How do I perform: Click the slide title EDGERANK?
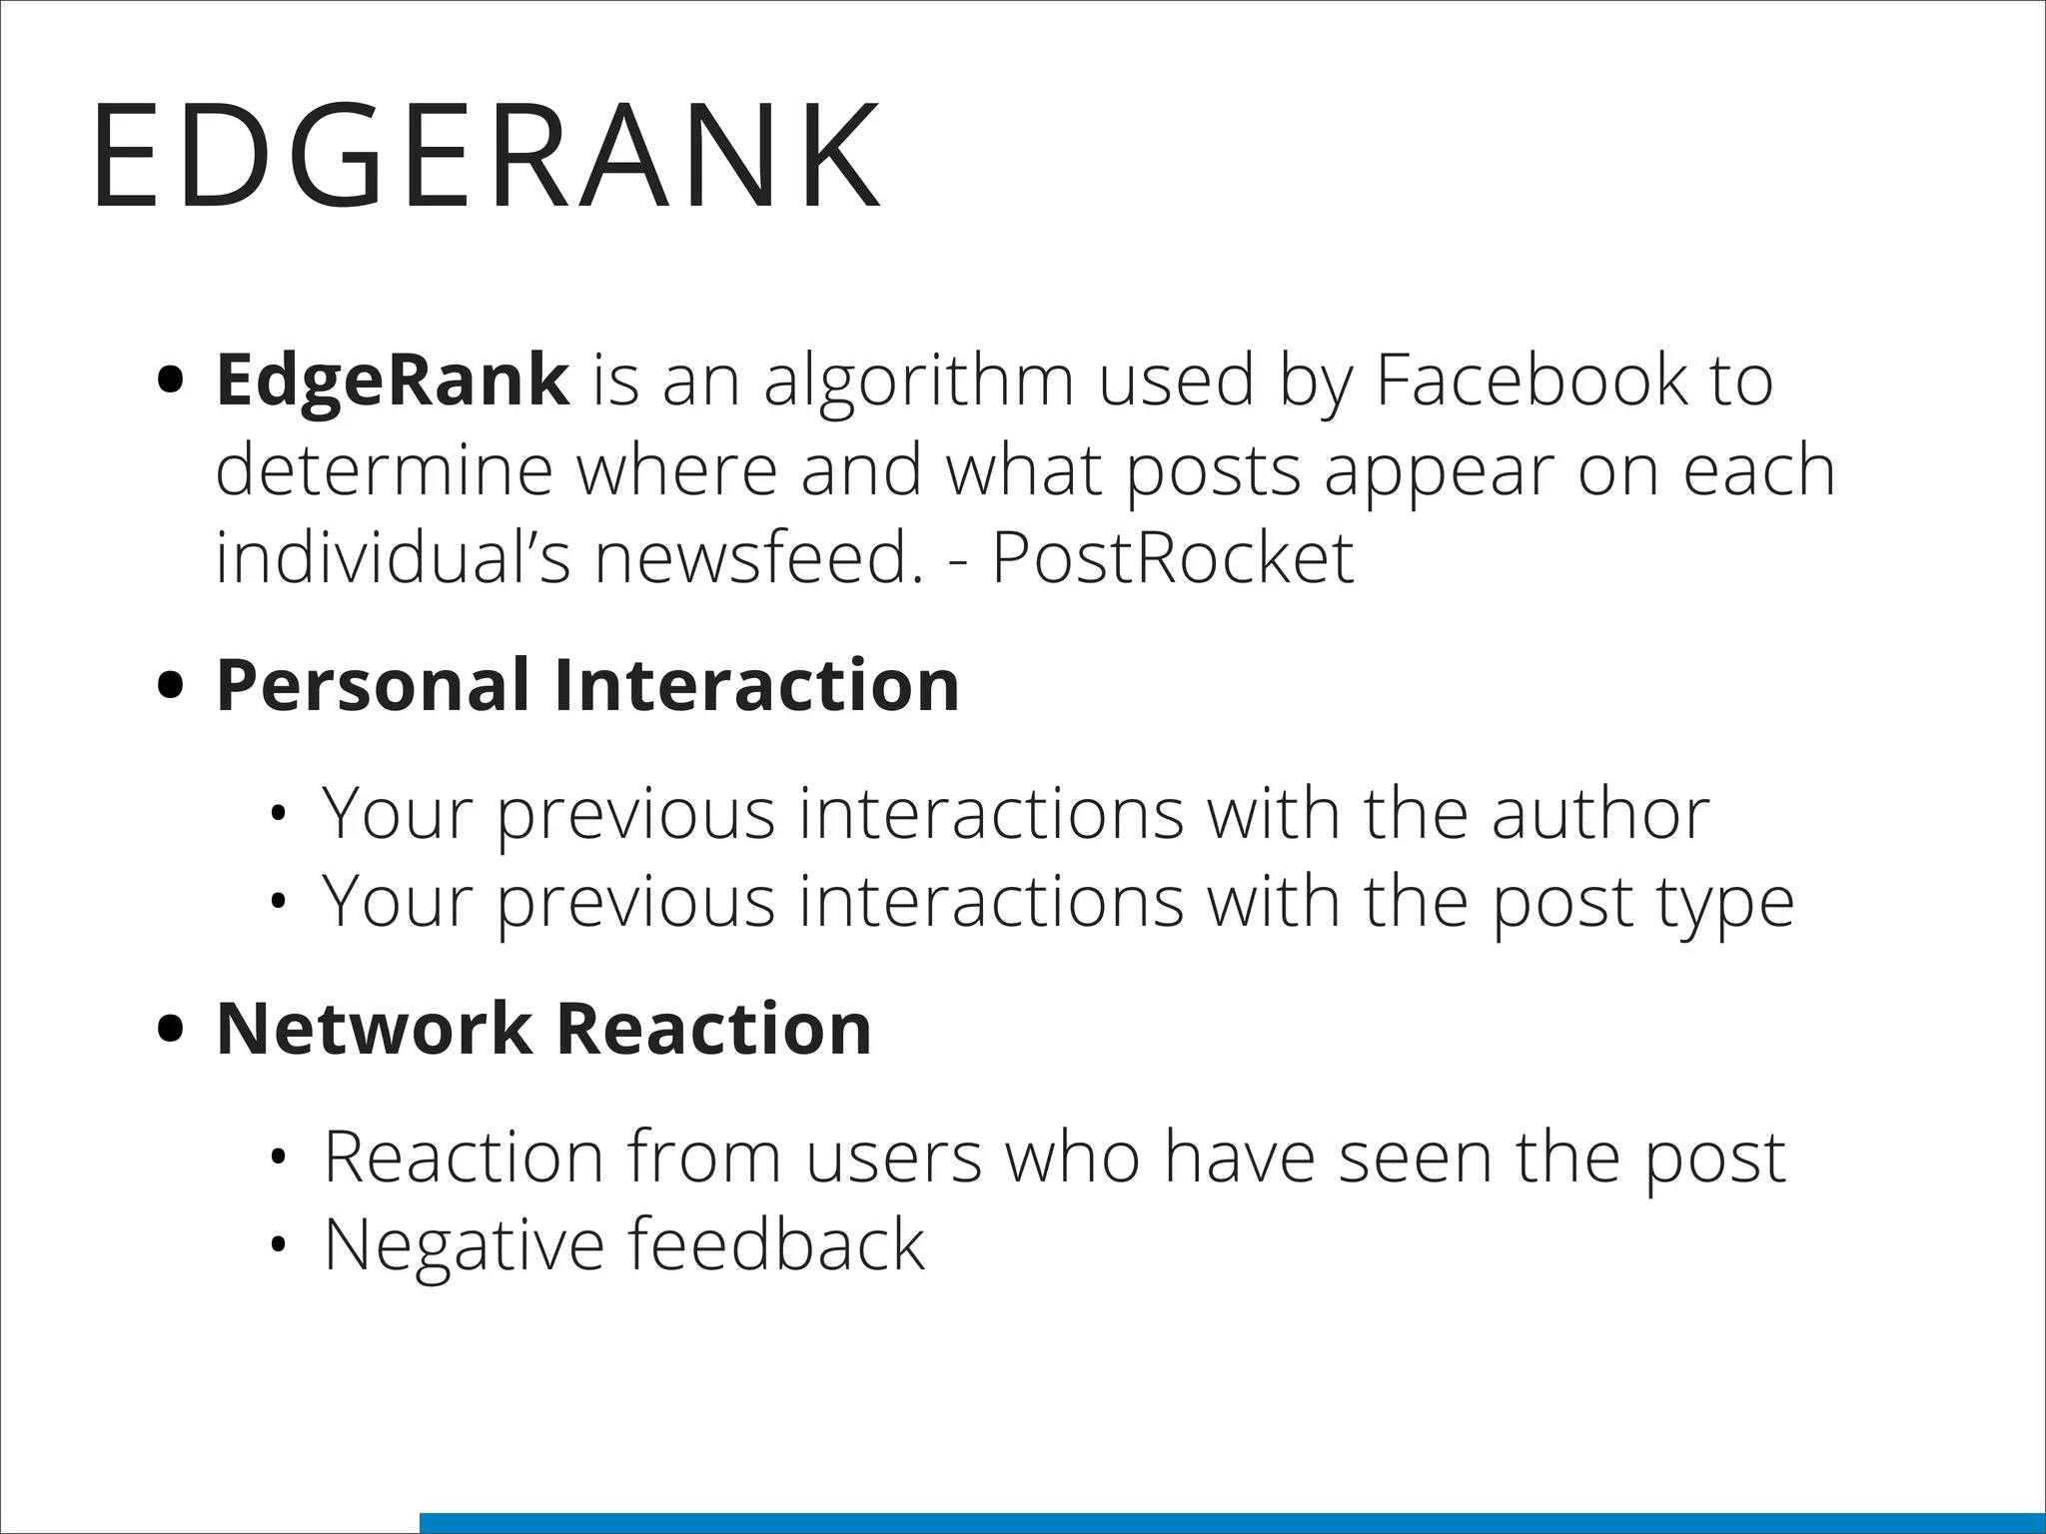point(487,156)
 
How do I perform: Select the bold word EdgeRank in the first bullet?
point(393,381)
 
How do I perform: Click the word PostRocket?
point(1173,557)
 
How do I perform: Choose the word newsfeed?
point(759,557)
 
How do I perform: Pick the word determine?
point(385,470)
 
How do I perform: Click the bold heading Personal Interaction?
point(587,685)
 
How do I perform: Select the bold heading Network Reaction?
point(543,1029)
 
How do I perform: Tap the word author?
point(1600,815)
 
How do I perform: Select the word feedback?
point(776,1244)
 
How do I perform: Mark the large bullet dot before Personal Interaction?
point(172,686)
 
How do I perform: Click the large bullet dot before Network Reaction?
point(172,1030)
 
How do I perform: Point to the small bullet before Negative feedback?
point(279,1245)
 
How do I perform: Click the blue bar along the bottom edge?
point(1232,1523)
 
